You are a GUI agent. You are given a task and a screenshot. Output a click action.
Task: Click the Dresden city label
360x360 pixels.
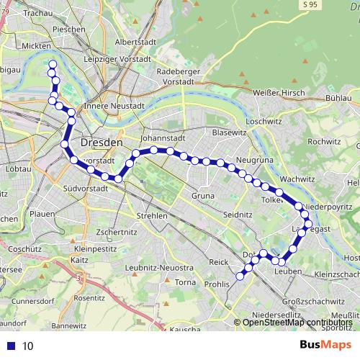click(102, 143)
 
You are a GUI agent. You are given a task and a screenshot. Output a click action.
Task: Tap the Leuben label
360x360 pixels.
click(287, 271)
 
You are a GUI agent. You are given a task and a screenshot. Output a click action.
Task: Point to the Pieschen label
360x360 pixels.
click(69, 30)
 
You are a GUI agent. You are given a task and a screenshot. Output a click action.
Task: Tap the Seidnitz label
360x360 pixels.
click(237, 215)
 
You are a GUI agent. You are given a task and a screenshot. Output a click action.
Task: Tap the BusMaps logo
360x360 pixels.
click(325, 345)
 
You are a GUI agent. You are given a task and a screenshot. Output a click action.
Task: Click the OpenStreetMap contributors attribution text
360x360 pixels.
click(297, 323)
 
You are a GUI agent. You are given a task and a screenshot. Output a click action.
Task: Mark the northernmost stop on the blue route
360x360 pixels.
click(52, 65)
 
